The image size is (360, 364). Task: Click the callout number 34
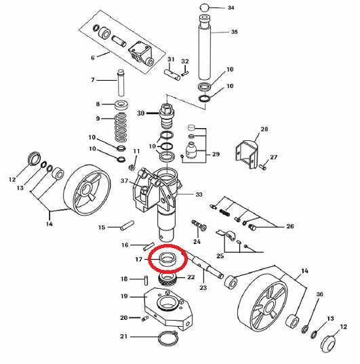[x=231, y=7]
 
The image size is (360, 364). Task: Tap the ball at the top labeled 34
[x=204, y=7]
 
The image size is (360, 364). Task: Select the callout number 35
[x=235, y=32]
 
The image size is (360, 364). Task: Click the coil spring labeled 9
[x=121, y=127]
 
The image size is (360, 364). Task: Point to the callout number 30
[x=141, y=113]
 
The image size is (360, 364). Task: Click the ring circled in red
[x=168, y=259]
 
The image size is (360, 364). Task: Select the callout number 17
[x=139, y=259]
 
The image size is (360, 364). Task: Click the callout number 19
[x=124, y=296]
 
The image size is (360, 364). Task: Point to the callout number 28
[x=264, y=129]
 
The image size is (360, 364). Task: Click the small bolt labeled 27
[x=263, y=167]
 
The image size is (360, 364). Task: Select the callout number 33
[x=199, y=195]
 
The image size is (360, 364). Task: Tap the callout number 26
[x=290, y=226]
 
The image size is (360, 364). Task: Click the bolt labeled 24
[x=199, y=226]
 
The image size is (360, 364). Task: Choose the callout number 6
[x=93, y=58]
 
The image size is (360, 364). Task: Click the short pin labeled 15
[x=127, y=225]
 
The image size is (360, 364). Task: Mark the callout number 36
[x=320, y=294]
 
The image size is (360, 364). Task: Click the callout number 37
[x=125, y=180]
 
